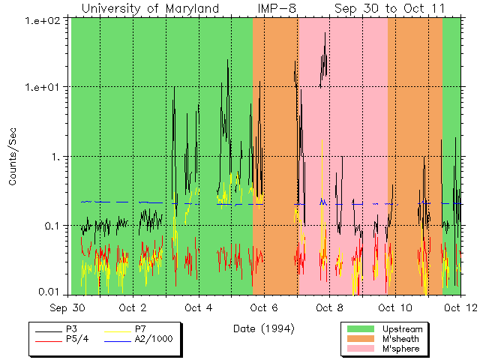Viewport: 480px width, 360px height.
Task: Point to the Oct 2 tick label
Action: point(132,307)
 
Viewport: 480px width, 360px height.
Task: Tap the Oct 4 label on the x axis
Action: point(198,307)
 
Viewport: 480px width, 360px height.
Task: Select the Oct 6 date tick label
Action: point(264,307)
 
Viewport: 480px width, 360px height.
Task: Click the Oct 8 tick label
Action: point(329,307)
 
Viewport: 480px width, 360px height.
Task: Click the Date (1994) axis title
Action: point(262,328)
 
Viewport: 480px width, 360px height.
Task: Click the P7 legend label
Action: point(140,329)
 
